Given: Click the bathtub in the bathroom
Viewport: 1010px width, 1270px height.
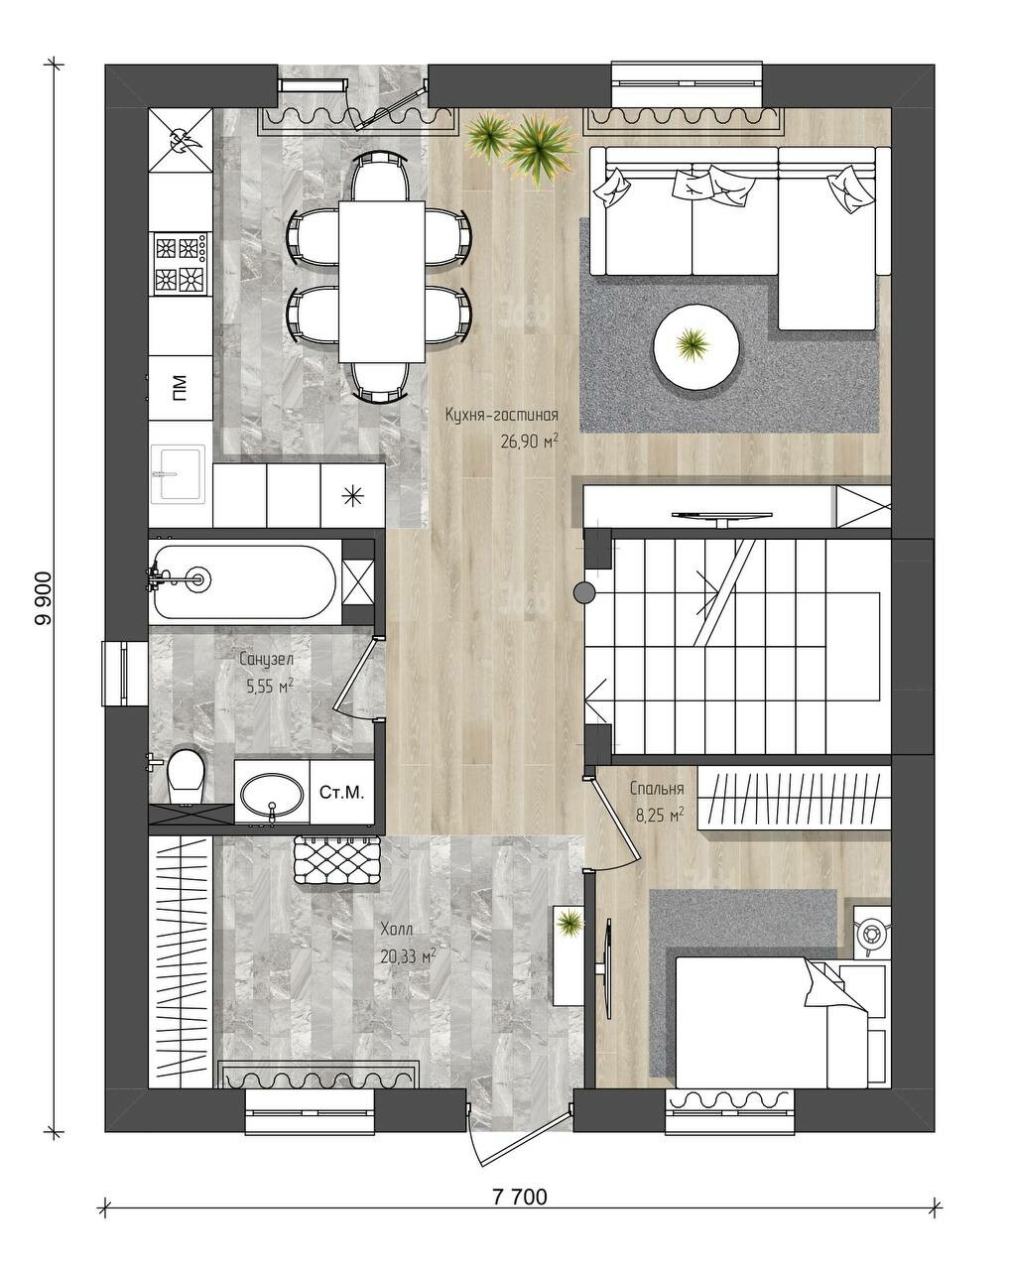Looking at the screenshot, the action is pyautogui.click(x=243, y=580).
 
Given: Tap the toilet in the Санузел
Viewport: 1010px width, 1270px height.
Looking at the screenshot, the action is pyautogui.click(x=185, y=774).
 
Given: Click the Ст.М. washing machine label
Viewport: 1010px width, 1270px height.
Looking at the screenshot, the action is pyautogui.click(x=341, y=792).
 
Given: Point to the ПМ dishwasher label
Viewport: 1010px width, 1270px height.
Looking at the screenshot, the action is pyautogui.click(x=180, y=388).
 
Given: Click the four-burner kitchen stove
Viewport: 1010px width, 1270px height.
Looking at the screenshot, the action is pyautogui.click(x=180, y=264).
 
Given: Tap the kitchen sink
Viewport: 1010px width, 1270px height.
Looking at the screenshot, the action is pyautogui.click(x=178, y=473).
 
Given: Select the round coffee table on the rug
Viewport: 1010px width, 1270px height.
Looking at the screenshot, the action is pyautogui.click(x=695, y=346).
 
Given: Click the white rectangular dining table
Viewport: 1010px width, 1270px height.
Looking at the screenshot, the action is pyautogui.click(x=381, y=281).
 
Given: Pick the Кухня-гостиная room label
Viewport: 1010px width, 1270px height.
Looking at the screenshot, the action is pyautogui.click(x=501, y=415).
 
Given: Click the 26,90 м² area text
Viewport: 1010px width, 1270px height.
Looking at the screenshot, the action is pyautogui.click(x=529, y=441).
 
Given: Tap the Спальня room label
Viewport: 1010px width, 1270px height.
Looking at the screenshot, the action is pyautogui.click(x=657, y=788).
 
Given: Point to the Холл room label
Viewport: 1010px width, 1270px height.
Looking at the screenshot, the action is pyautogui.click(x=396, y=930).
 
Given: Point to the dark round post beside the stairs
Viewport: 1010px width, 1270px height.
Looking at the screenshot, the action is pyautogui.click(x=584, y=592).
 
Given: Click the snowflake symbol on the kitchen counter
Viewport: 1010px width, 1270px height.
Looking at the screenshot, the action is pyautogui.click(x=352, y=496).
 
